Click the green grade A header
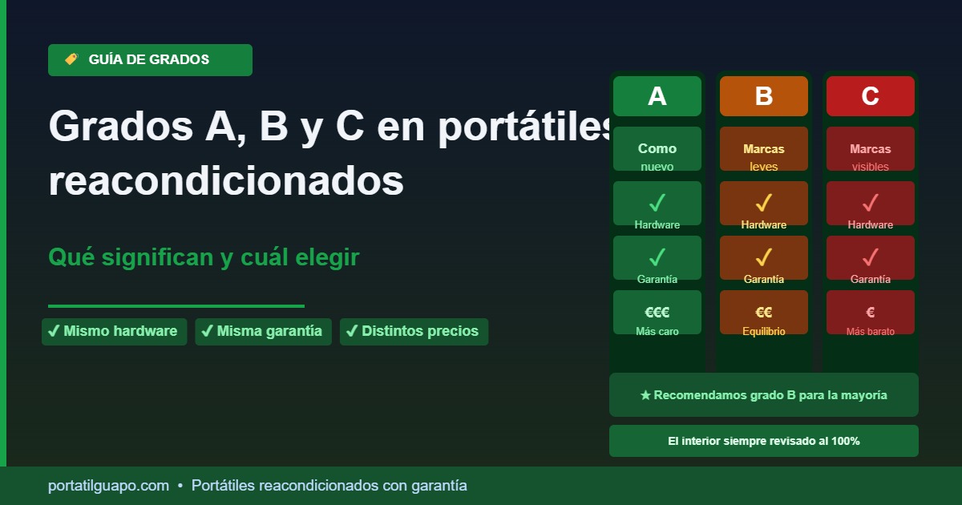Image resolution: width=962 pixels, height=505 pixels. (657, 96)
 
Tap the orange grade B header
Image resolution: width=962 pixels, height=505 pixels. (763, 96)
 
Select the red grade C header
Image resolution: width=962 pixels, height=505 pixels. (870, 96)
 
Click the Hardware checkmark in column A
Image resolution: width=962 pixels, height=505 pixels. (657, 202)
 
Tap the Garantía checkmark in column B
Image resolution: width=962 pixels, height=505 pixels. (763, 257)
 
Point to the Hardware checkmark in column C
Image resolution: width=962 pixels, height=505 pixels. (870, 202)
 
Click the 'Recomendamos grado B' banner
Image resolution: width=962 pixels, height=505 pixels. (763, 395)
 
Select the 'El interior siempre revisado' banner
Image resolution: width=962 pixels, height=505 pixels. (763, 441)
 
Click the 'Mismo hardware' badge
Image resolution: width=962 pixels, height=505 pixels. (114, 331)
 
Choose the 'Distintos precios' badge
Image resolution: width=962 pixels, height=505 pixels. (414, 331)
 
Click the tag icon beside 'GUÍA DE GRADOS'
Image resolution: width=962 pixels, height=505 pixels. (71, 59)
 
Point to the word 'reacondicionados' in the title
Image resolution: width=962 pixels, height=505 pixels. (226, 182)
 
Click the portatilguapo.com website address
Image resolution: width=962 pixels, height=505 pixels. (108, 486)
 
